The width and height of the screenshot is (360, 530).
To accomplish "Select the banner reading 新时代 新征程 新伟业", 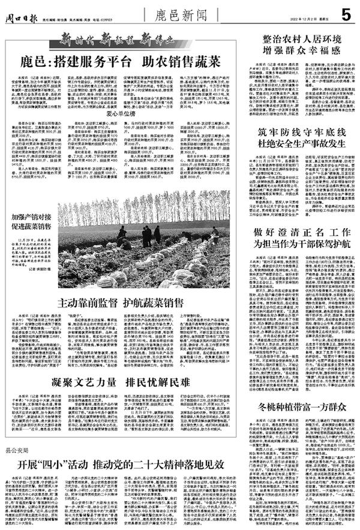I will [113, 40].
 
